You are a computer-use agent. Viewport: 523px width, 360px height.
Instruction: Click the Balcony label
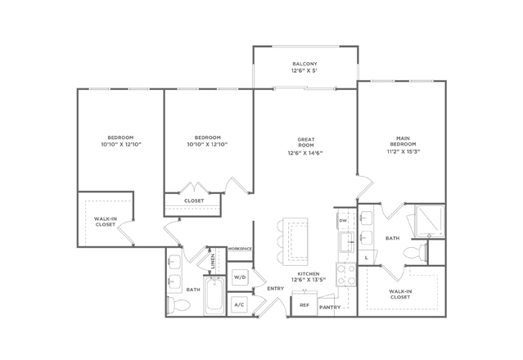pos(304,64)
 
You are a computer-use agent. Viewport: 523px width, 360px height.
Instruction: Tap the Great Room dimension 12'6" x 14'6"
pos(305,153)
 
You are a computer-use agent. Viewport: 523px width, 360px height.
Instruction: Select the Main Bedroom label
pos(403,141)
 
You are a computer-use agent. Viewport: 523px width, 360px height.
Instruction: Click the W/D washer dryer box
pos(239,277)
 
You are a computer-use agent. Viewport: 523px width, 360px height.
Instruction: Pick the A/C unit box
pos(239,304)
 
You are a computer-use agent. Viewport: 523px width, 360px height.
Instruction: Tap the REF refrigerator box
pos(304,305)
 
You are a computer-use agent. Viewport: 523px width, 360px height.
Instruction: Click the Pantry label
pos(330,308)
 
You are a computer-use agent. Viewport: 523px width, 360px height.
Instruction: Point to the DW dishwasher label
pos(343,221)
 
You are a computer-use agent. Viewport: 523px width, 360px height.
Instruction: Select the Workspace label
pos(240,249)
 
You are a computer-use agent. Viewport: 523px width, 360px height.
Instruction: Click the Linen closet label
pos(213,261)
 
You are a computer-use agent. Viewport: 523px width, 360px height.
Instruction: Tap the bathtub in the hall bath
pos(214,295)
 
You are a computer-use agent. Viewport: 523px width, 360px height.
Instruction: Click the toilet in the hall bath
pos(178,304)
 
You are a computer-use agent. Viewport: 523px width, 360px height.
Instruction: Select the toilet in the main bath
pos(416,252)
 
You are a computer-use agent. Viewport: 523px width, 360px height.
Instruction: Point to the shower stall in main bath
pos(430,221)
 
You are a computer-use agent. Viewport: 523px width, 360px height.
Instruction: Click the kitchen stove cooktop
pos(346,275)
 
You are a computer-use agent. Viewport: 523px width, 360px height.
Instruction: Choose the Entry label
pos(276,289)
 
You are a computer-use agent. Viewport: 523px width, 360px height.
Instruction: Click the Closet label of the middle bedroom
pos(194,200)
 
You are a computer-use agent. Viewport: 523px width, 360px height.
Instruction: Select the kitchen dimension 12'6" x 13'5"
pos(309,280)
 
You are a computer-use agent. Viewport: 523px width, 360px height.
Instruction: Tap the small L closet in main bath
pos(367,258)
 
